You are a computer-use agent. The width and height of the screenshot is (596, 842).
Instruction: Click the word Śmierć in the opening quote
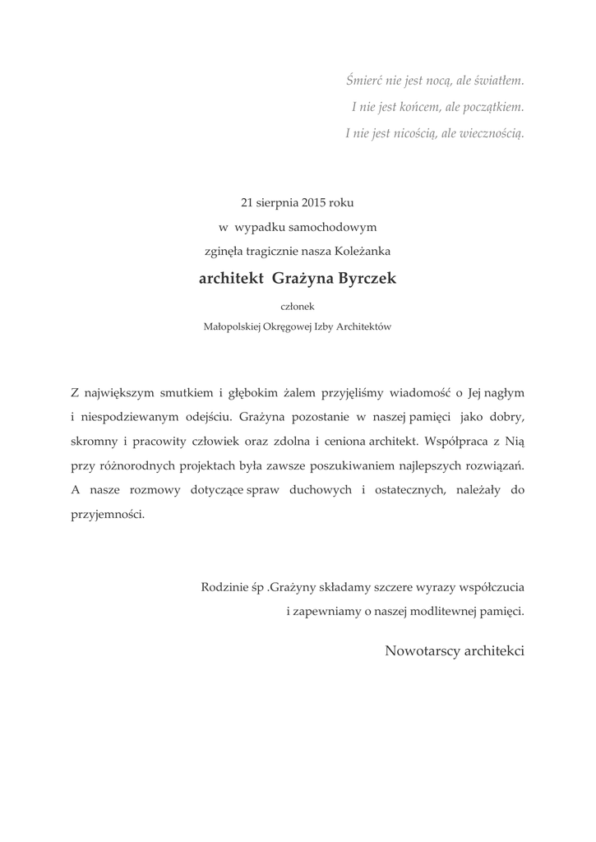[x=363, y=81]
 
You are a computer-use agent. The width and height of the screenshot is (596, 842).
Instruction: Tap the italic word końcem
[x=420, y=107]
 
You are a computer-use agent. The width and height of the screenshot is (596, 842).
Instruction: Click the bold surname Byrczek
[x=362, y=279]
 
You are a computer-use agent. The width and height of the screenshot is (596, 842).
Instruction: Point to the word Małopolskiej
[x=233, y=326]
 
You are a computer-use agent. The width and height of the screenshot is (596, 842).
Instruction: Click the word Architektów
[x=362, y=326]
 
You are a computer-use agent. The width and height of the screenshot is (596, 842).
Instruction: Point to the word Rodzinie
[x=224, y=588]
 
